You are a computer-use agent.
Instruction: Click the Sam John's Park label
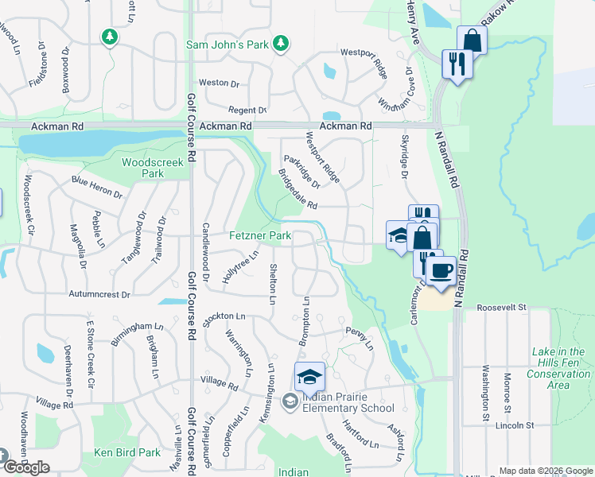pos(227,45)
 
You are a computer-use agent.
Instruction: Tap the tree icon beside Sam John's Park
pos(281,45)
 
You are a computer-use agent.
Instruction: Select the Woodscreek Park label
pos(152,168)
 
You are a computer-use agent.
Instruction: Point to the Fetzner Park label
pos(260,236)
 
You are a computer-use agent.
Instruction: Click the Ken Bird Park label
pos(127,452)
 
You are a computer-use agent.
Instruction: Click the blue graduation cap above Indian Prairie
pos(309,376)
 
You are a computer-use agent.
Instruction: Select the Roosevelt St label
pos(502,307)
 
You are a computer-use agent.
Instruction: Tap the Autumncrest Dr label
pos(99,295)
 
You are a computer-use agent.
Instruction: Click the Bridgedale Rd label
pos(297,191)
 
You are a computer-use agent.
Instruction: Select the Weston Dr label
pos(219,83)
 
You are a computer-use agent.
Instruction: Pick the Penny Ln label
pos(359,336)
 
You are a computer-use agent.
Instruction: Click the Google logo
pos(26,467)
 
